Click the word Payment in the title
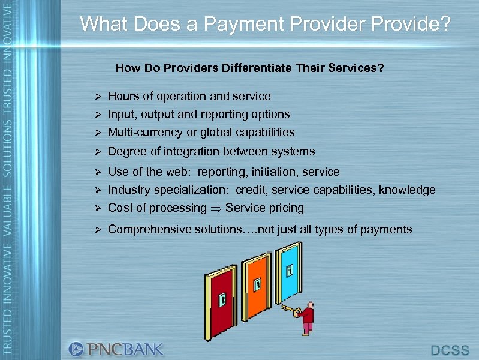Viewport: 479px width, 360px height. pyautogui.click(x=242, y=24)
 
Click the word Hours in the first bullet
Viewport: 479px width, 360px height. pyautogui.click(x=123, y=96)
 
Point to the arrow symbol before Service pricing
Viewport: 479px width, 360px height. pyautogui.click(x=215, y=208)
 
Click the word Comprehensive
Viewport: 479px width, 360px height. pyautogui.click(x=149, y=229)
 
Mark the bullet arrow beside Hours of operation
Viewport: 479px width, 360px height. pyautogui.click(x=100, y=97)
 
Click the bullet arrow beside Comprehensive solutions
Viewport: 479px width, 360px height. pyautogui.click(x=100, y=230)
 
